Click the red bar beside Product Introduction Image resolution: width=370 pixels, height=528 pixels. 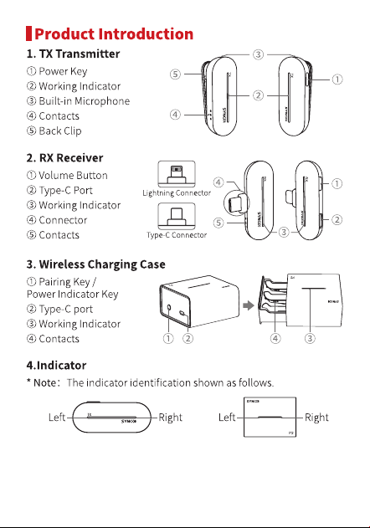click(x=28, y=33)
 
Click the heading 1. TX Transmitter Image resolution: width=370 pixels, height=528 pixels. click(x=73, y=54)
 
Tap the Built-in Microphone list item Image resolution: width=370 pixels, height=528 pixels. click(x=78, y=101)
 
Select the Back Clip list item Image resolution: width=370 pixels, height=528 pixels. click(x=54, y=131)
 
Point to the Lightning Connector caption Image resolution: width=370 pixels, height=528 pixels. click(x=177, y=193)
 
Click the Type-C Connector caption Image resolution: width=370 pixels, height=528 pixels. click(x=177, y=235)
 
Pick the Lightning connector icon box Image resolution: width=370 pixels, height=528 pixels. click(x=177, y=174)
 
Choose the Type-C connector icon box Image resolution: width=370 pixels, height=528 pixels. click(x=177, y=216)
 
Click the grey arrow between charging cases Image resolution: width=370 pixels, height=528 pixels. click(x=249, y=305)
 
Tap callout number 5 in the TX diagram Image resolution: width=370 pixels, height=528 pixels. click(x=175, y=74)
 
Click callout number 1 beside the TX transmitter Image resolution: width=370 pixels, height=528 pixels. click(x=337, y=79)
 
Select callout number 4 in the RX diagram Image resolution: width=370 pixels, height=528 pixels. click(x=218, y=182)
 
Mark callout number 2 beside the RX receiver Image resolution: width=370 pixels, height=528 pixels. click(x=337, y=219)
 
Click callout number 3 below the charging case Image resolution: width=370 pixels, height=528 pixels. click(x=310, y=338)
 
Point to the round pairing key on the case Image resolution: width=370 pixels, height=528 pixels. click(x=169, y=307)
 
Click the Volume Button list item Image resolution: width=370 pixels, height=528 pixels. click(x=67, y=176)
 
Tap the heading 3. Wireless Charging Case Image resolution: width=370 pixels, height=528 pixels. click(x=96, y=264)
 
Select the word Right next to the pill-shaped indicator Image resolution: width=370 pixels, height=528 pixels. click(x=170, y=418)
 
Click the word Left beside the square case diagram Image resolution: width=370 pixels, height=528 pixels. click(x=227, y=418)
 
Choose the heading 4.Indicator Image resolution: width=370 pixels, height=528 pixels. click(x=57, y=366)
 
